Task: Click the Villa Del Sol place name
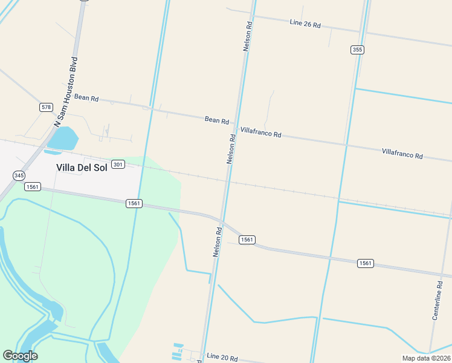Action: [81, 168]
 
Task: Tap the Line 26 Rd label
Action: [305, 24]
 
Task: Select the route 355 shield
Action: [357, 50]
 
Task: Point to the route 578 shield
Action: [46, 107]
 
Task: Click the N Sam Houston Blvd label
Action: [66, 91]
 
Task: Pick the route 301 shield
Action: [118, 165]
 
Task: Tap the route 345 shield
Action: [19, 175]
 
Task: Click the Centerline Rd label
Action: [438, 301]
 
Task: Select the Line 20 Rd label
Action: [222, 358]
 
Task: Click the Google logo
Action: [20, 356]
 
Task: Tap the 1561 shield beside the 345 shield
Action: [32, 187]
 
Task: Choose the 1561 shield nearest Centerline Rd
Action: [365, 263]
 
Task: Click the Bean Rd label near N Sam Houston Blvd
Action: [86, 97]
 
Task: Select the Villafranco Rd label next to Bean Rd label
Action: [261, 132]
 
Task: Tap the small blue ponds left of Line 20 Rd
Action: [178, 350]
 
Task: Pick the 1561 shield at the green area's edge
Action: [134, 203]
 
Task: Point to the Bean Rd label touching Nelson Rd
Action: [216, 120]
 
